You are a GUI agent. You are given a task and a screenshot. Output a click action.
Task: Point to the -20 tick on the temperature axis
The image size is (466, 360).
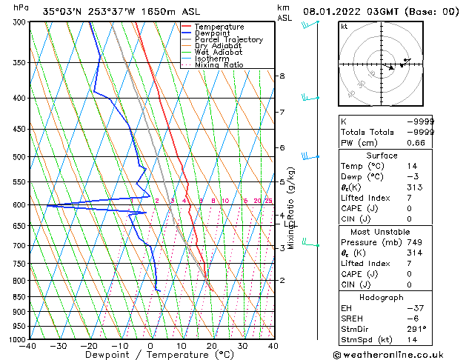[x=89, y=345]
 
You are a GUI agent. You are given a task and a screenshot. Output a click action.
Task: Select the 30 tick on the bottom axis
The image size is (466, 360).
[x=242, y=345]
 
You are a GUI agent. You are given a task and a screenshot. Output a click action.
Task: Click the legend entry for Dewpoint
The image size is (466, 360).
[x=213, y=33]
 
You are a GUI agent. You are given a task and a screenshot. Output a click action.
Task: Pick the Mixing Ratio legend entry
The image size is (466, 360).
[x=219, y=65]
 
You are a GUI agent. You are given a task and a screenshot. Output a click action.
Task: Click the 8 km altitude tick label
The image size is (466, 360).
[x=282, y=76]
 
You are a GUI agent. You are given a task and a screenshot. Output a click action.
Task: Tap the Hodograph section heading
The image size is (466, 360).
[x=383, y=297]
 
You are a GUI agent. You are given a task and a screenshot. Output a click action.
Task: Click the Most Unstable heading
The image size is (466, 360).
[x=383, y=232]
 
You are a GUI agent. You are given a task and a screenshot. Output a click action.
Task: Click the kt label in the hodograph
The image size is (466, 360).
[x=344, y=26]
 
